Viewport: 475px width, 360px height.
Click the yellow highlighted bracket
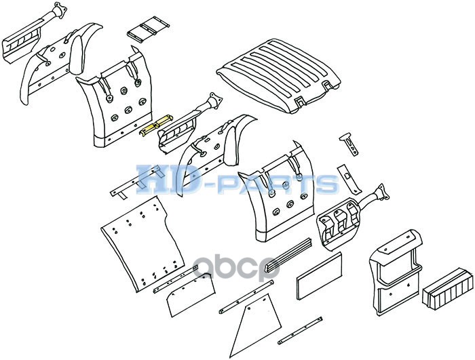point(155,125)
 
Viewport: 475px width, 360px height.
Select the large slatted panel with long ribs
point(279,75)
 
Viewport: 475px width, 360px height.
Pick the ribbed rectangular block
point(447,288)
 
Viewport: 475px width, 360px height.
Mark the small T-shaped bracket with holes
point(349,144)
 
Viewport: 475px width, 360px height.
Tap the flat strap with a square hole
point(349,179)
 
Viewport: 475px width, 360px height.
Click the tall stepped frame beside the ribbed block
point(396,272)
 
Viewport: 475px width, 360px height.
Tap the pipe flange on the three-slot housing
point(381,192)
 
